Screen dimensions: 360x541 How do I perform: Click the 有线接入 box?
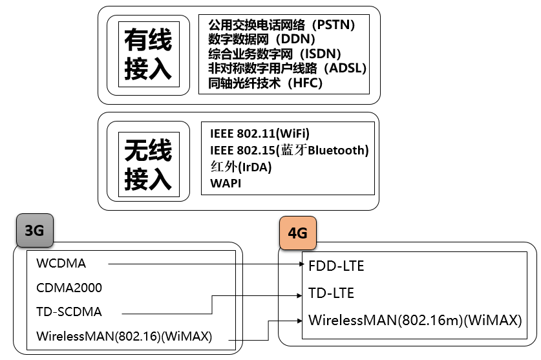148,54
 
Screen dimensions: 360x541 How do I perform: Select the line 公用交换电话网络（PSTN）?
282,25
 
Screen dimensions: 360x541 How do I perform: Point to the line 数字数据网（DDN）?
259,39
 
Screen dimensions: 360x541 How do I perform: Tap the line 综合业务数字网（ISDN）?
275,54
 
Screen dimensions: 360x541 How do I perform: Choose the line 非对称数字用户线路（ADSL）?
288,68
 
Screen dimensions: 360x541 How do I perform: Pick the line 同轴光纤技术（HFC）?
265,83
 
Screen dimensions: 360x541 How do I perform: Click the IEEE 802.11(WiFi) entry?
260,134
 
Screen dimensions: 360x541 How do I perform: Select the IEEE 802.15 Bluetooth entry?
289,151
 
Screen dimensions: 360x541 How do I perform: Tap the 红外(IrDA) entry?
240,167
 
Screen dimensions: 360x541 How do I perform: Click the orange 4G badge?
297,233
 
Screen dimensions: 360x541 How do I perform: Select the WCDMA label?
61,264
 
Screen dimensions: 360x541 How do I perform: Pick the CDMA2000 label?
69,288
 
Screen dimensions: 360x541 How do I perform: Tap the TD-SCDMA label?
69,312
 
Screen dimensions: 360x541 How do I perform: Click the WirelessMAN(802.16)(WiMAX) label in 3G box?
124,337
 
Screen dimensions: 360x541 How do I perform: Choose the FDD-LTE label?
336,266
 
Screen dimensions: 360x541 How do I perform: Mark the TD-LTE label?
331,293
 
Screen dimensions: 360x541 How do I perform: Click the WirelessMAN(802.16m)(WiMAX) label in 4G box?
415,320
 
